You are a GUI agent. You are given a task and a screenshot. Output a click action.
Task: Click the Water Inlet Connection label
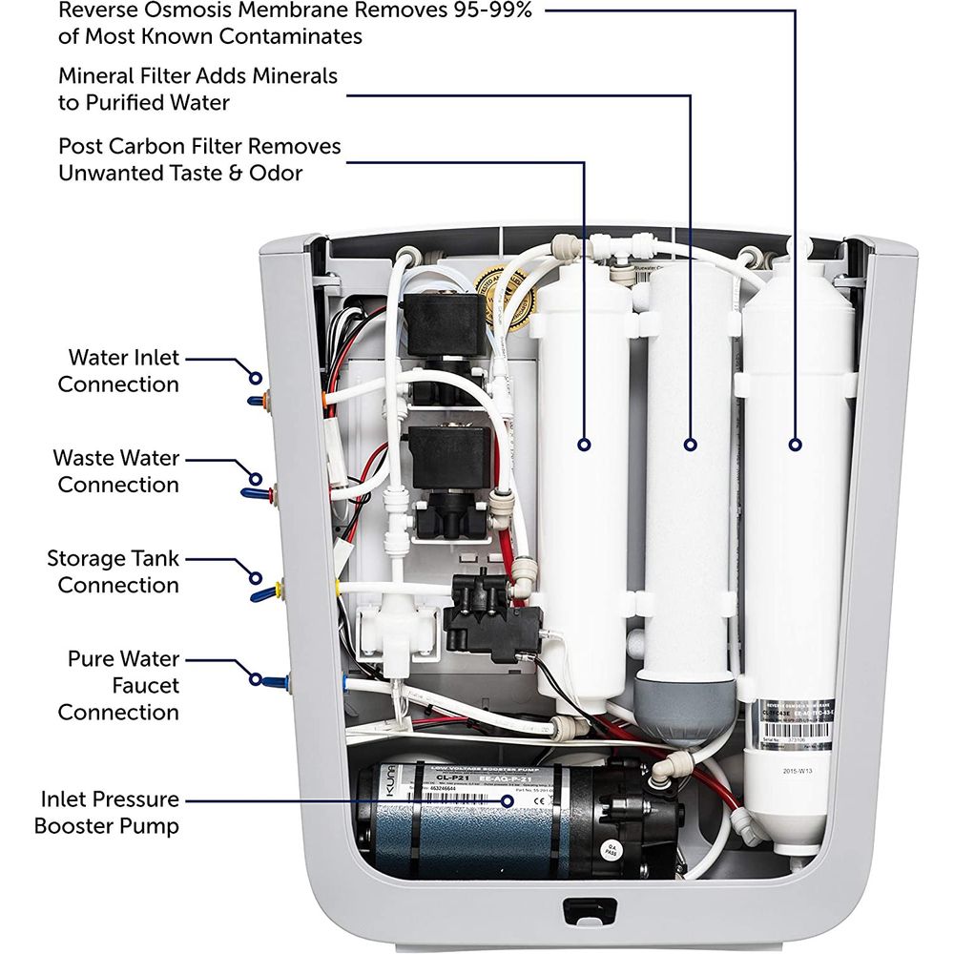pos(118,371)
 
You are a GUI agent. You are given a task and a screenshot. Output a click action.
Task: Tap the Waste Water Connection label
pos(115,471)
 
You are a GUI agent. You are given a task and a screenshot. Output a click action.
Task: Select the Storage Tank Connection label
pos(113,571)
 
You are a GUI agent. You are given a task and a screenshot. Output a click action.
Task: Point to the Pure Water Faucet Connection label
pos(118,685)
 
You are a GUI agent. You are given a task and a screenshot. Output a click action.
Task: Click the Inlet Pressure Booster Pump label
pos(107,812)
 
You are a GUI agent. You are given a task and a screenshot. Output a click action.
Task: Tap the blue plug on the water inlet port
pos(256,401)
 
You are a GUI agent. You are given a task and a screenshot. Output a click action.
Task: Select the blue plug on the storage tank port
pos(259,594)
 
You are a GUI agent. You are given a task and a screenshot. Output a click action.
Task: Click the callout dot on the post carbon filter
pos(584,444)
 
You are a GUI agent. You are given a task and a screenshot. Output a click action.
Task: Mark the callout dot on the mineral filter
pos(690,444)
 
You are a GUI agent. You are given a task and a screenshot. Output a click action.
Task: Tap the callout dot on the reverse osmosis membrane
pos(794,444)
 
